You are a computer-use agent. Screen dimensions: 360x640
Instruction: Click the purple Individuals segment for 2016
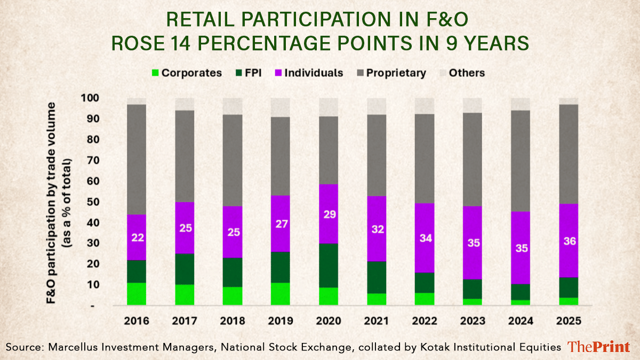137,237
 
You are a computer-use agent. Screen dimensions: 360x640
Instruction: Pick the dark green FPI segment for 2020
328,266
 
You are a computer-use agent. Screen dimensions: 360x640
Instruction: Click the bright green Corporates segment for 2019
280,294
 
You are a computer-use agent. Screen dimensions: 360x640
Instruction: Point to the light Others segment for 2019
280,107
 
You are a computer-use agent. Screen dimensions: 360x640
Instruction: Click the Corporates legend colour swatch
155,73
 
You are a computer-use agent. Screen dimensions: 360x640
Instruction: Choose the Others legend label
467,73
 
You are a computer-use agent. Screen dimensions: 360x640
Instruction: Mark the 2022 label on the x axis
424,322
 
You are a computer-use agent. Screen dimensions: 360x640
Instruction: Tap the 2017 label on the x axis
185,322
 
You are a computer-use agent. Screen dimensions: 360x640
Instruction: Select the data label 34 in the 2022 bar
424,238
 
